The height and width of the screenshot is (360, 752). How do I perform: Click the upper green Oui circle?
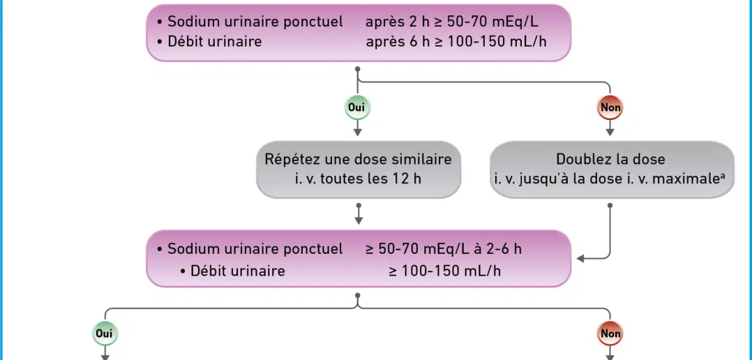pos(357,107)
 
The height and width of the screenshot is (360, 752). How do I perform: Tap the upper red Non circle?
pos(610,107)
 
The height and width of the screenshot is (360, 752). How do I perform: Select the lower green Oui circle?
pos(105,333)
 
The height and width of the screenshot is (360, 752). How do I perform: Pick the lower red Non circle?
pos(610,333)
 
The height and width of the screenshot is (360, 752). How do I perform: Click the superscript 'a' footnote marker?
pos(722,176)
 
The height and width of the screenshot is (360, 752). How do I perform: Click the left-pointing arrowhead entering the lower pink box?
pos(580,259)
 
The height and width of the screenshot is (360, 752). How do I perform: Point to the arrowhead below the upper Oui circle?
pos(357,132)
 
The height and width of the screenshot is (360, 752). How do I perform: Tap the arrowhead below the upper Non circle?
pos(610,132)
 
